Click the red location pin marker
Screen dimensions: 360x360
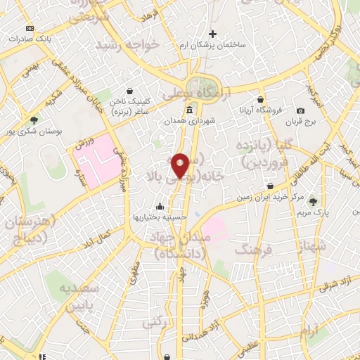click(x=180, y=165)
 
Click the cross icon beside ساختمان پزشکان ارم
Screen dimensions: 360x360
click(x=213, y=33)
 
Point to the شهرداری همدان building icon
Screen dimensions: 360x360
click(x=190, y=111)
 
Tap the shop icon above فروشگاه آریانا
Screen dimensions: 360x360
click(x=261, y=100)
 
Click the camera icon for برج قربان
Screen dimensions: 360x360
click(x=301, y=110)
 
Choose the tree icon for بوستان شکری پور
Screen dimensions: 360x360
click(x=33, y=120)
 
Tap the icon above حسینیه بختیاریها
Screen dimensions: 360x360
click(x=160, y=207)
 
